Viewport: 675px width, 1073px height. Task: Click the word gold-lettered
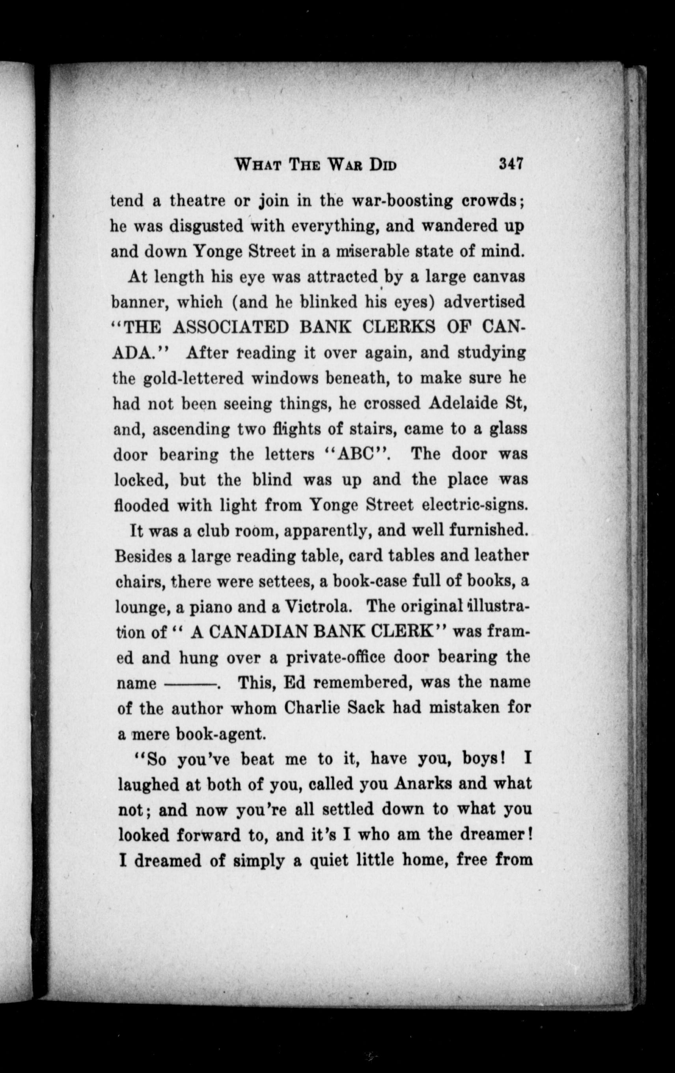click(x=194, y=378)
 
